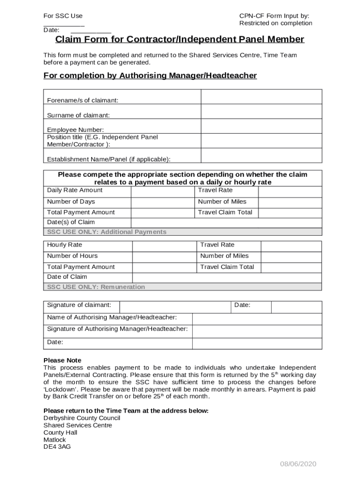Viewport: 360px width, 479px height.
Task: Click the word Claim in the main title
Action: click(x=67, y=39)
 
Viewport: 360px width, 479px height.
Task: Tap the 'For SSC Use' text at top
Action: click(x=63, y=16)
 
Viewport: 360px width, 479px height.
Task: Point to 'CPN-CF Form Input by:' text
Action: click(x=274, y=16)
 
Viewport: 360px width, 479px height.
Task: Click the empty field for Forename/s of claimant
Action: click(x=261, y=97)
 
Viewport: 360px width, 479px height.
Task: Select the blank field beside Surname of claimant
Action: click(x=261, y=112)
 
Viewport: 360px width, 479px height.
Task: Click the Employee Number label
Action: click(x=75, y=130)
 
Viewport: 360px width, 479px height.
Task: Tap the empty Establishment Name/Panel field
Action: click(x=261, y=156)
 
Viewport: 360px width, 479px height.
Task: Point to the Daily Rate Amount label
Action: click(x=75, y=190)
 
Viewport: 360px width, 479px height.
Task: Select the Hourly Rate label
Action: click(x=65, y=245)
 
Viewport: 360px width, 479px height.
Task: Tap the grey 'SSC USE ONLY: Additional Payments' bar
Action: click(x=182, y=232)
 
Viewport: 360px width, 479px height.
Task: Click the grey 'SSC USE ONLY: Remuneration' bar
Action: click(x=182, y=287)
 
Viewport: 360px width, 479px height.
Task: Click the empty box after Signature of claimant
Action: click(x=175, y=307)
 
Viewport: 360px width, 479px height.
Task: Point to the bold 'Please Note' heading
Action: click(x=62, y=361)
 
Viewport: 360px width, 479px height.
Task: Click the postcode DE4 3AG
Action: click(x=57, y=447)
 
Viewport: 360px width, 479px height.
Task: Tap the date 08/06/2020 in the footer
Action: click(x=298, y=464)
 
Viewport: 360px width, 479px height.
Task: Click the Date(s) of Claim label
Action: click(x=71, y=223)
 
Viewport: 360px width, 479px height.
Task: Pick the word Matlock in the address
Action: click(x=55, y=440)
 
